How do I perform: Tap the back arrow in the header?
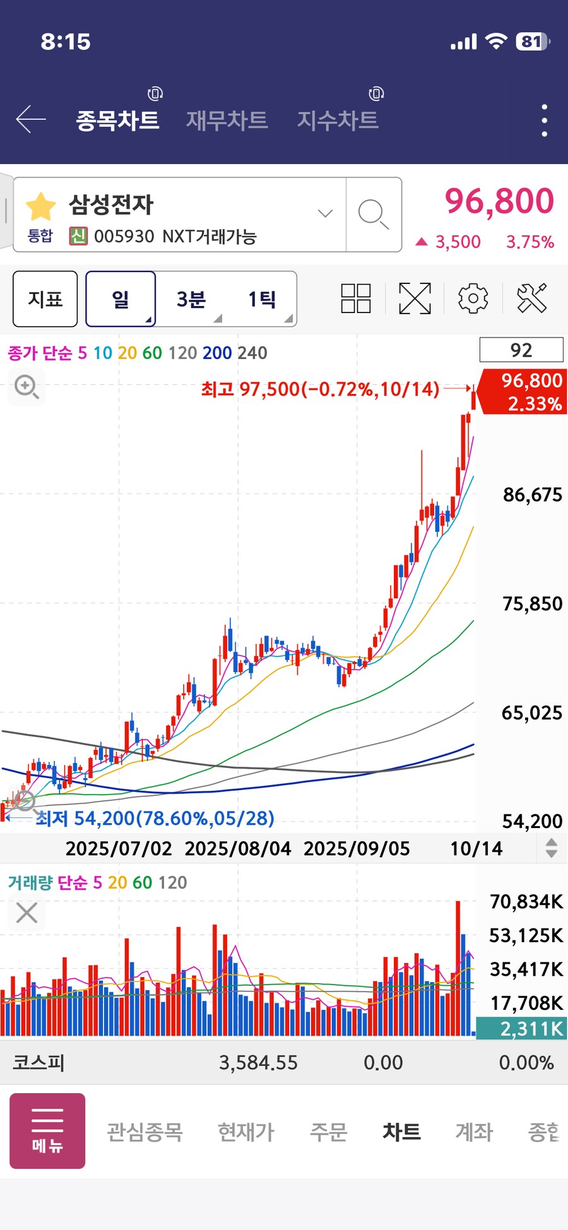(30, 119)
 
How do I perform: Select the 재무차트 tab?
(227, 119)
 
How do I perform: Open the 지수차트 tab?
(338, 119)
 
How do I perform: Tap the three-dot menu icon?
(544, 120)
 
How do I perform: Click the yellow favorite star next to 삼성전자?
(41, 206)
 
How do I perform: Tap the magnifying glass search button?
(373, 215)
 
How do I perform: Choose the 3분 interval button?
(191, 299)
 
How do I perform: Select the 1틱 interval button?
(261, 299)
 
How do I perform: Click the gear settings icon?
(473, 299)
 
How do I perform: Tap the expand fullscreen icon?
(415, 299)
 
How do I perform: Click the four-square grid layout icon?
(356, 299)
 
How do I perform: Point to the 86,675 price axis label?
(532, 495)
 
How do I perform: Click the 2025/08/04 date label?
(238, 848)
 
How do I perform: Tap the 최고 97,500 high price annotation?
(320, 389)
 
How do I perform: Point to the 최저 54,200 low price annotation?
(155, 819)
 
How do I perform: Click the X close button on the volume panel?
(27, 913)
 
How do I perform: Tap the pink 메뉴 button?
(47, 1131)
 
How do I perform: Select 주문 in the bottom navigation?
(328, 1132)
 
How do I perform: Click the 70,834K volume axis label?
(526, 902)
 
